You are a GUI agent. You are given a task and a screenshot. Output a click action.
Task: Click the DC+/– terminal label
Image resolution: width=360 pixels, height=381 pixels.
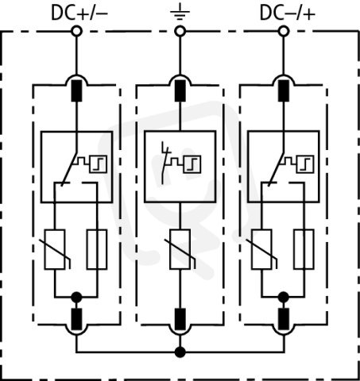[79, 13]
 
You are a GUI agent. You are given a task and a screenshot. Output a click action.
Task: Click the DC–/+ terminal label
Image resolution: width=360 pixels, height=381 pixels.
[288, 13]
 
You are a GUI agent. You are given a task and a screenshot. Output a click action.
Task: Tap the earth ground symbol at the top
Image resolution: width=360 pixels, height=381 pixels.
[180, 12]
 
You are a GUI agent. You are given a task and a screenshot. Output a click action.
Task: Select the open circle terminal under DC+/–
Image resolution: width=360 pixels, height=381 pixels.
[76, 32]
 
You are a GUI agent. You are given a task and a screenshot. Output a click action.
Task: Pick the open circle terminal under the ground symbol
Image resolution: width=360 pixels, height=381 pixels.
[180, 32]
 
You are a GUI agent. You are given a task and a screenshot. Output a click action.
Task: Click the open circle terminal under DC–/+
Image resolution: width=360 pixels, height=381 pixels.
[284, 32]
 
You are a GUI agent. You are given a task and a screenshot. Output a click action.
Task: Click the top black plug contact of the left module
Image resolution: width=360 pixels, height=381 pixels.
[76, 90]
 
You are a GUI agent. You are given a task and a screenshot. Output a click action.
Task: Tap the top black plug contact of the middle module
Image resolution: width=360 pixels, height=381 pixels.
[180, 90]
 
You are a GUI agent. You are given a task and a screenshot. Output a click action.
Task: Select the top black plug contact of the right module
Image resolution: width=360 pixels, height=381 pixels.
[284, 90]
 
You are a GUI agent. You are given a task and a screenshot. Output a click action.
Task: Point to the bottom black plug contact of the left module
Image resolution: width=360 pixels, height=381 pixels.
[76, 319]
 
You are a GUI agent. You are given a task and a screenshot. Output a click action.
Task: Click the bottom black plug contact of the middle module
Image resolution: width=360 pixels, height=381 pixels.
[180, 319]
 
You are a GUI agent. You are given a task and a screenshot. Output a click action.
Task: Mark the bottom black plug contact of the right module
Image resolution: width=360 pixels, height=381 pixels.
[284, 319]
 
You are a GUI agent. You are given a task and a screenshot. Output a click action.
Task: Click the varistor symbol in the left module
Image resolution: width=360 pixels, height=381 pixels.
[55, 249]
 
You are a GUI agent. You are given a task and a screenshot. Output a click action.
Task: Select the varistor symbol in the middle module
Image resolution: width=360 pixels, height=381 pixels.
[180, 249]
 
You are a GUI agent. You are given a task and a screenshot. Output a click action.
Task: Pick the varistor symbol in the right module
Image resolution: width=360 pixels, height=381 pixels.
[261, 249]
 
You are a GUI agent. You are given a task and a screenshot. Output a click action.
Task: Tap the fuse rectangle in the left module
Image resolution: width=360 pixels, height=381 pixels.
[97, 249]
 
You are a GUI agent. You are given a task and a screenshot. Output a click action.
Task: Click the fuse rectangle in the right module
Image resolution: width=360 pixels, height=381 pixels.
[304, 249]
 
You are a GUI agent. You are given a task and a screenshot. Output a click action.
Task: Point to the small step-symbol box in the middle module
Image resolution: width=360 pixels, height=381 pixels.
[192, 164]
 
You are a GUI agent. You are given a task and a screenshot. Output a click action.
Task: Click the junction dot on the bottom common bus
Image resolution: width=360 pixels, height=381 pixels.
[180, 352]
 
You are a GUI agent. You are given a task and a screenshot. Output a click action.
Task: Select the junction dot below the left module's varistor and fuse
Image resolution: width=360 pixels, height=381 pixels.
[76, 297]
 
